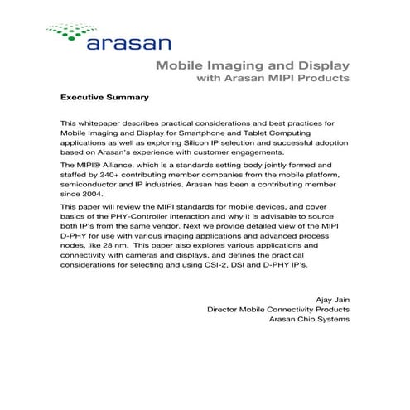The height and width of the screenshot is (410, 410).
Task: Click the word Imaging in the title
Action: (x=224, y=65)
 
